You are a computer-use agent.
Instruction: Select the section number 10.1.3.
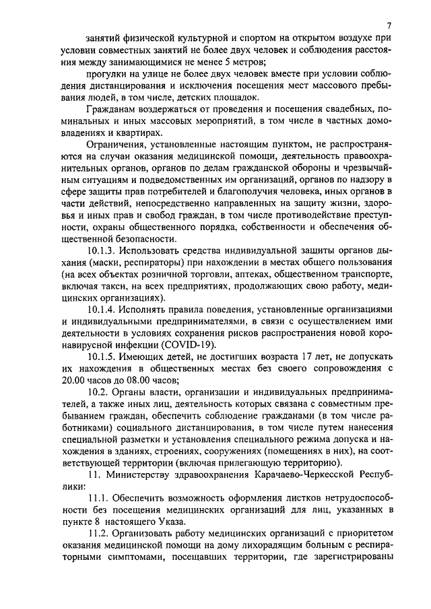click(102, 250)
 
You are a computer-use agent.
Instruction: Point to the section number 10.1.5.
click(102, 358)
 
